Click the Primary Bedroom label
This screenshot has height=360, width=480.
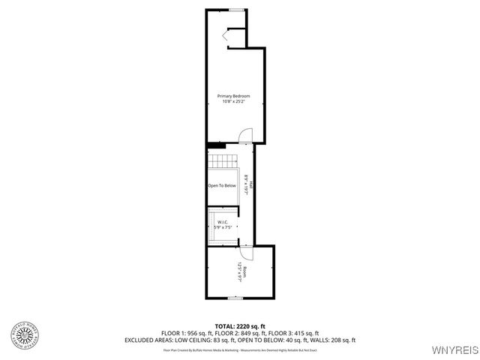pyautogui.click(x=233, y=96)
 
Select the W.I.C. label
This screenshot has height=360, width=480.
pyautogui.click(x=223, y=222)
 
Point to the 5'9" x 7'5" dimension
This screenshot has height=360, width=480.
pyautogui.click(x=223, y=227)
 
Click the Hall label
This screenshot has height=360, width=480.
pyautogui.click(x=250, y=184)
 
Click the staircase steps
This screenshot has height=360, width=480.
pyautogui.click(x=222, y=161)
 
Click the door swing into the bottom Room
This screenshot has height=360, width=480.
pyautogui.click(x=247, y=253)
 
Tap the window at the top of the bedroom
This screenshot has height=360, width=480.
pyautogui.click(x=234, y=10)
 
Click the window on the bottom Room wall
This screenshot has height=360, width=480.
pyautogui.click(x=234, y=298)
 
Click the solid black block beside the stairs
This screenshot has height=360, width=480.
pyautogui.click(x=216, y=144)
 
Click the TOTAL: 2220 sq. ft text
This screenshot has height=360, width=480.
pyautogui.click(x=239, y=325)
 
